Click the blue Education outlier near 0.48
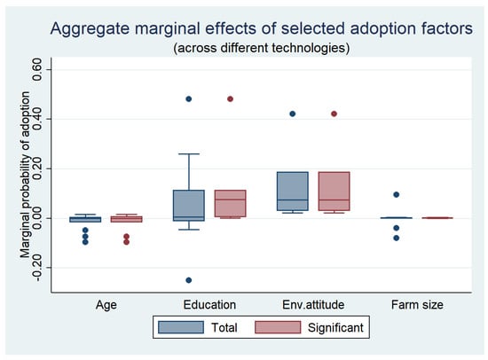click(x=189, y=99)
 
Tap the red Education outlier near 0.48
click(x=230, y=99)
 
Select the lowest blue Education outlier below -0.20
click(x=189, y=280)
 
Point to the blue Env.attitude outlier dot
click(x=292, y=113)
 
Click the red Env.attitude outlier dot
click(x=334, y=113)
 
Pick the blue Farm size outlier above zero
click(x=397, y=195)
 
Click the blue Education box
click(x=189, y=206)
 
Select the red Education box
click(x=230, y=203)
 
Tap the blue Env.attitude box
click(x=292, y=191)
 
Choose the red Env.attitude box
click(x=334, y=191)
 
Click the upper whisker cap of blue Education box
click(x=189, y=153)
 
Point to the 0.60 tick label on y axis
click(x=37, y=69)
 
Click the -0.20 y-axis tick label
click(x=37, y=270)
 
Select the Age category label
click(x=106, y=305)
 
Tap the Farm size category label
click(x=417, y=305)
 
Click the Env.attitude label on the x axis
click(x=313, y=305)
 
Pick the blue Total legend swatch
click(x=181, y=327)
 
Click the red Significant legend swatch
click(x=278, y=327)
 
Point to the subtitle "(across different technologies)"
click(x=262, y=48)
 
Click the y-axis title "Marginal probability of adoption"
click(x=25, y=175)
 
